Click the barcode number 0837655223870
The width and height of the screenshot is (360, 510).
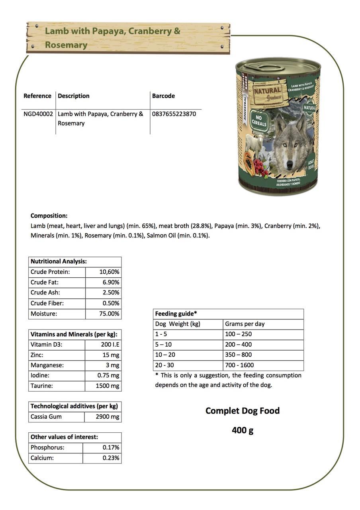tap(174, 114)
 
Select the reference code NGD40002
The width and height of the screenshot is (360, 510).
tap(38, 114)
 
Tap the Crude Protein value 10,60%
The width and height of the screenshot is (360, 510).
tap(109, 272)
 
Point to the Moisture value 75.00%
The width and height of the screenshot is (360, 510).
tap(109, 314)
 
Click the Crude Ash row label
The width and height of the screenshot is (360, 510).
tap(45, 293)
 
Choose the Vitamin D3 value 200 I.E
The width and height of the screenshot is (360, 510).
tap(110, 345)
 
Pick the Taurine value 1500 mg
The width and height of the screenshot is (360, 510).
tap(108, 386)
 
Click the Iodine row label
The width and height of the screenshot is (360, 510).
tap(40, 376)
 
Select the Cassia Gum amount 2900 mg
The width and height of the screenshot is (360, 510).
tap(108, 417)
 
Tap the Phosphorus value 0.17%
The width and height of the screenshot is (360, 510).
tap(111, 448)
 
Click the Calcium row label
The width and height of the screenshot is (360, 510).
tap(42, 458)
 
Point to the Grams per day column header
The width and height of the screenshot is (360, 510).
tap(245, 324)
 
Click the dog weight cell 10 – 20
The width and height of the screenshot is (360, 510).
tap(165, 355)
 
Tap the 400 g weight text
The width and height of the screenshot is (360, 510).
tap(243, 430)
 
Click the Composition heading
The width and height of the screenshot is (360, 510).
tap(49, 216)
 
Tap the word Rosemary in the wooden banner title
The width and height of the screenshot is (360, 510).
tap(66, 45)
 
